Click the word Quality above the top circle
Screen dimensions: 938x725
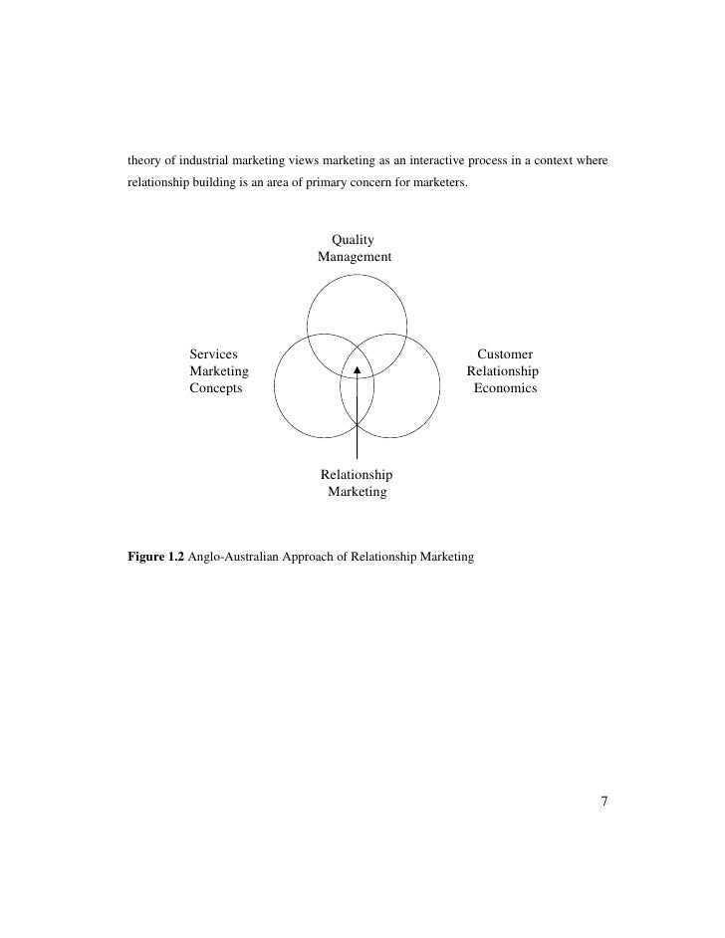pos(353,239)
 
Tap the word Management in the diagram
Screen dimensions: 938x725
pos(355,257)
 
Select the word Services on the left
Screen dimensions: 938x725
pos(213,353)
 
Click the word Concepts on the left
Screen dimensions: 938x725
pos(216,388)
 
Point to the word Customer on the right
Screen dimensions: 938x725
pos(505,353)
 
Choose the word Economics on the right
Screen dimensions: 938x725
pos(505,388)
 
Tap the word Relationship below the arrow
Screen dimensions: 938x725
pos(357,475)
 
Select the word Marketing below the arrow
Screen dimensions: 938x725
pos(358,493)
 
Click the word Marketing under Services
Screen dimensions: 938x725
pos(219,371)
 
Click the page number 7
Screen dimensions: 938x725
pos(604,801)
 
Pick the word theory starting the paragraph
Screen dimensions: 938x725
pos(145,161)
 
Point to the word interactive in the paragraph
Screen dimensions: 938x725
pos(431,161)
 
